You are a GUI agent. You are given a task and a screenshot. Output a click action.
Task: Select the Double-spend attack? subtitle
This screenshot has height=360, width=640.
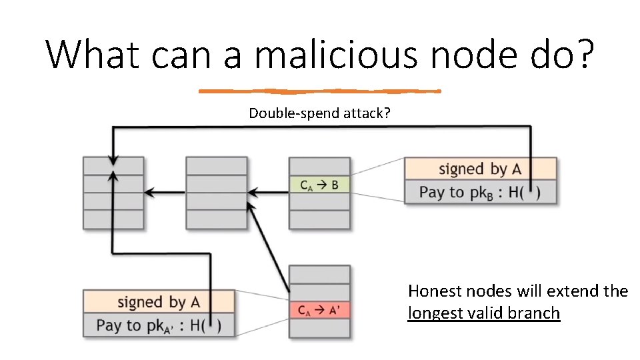[x=319, y=113]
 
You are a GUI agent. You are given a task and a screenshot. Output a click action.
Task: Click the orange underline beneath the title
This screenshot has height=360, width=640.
[x=320, y=91]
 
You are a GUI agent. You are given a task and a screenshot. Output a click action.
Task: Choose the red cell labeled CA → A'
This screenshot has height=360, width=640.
[x=319, y=310]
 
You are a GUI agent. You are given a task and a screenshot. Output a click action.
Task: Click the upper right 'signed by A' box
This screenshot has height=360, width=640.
[x=480, y=169]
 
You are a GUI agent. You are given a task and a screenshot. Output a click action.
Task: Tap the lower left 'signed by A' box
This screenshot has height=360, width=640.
[x=159, y=301]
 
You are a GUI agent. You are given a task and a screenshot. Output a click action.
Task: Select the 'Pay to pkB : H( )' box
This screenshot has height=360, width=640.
[x=480, y=192]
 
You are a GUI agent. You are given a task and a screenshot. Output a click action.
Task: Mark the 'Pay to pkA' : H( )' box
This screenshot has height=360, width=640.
[x=159, y=325]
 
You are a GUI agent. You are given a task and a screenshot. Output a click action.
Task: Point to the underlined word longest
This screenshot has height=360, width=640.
[x=435, y=313]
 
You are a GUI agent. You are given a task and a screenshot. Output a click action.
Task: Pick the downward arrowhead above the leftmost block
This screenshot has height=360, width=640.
[x=113, y=160]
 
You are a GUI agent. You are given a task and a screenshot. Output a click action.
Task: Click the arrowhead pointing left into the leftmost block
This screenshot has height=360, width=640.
[x=150, y=193]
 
